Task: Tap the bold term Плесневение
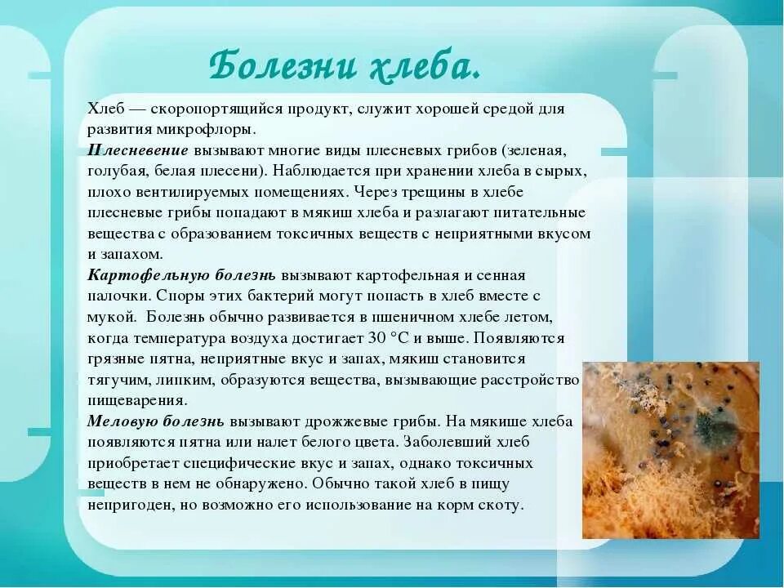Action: click(x=138, y=151)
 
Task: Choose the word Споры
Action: click(x=178, y=296)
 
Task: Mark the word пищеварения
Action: click(x=137, y=401)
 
